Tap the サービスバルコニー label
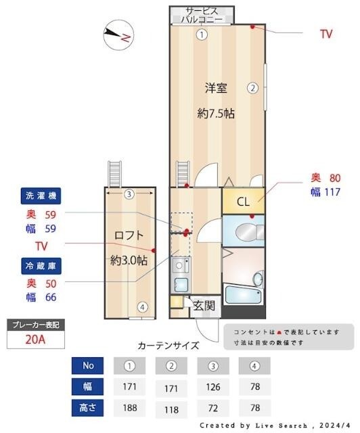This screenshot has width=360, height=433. pos(202,15)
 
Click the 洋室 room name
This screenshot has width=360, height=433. pos(216,87)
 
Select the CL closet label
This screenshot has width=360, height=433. pos(243,201)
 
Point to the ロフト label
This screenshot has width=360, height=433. pos(128,235)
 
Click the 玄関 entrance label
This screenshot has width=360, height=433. pos(204,305)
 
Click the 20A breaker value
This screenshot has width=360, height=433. pos(36,339)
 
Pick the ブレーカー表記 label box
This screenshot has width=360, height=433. pos(36,325)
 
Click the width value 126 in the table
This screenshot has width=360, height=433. pos(212,387)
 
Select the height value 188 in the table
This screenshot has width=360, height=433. pos(130,408)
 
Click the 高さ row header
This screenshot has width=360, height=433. pos(88,408)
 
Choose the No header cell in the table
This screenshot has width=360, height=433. pos(88,366)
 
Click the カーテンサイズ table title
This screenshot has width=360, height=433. pos(168,346)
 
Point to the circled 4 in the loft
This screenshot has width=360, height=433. pos(142,306)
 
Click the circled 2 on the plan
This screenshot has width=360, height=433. pos(252,87)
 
